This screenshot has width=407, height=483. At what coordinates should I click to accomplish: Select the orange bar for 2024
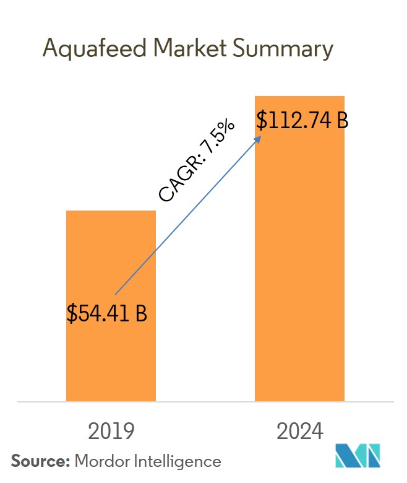(300, 260)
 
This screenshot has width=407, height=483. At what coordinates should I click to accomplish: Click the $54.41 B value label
(107, 313)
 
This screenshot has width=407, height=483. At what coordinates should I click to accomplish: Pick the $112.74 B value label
(302, 121)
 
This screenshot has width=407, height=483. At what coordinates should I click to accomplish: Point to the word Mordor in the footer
(100, 461)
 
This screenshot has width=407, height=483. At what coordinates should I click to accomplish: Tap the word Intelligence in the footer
(175, 461)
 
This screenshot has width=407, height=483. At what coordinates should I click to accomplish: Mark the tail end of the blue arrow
(116, 294)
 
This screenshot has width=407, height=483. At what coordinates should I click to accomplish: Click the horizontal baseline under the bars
(204, 402)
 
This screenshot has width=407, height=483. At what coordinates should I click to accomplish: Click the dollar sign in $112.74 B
(262, 121)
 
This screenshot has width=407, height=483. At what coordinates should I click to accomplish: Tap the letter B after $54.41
(140, 313)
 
